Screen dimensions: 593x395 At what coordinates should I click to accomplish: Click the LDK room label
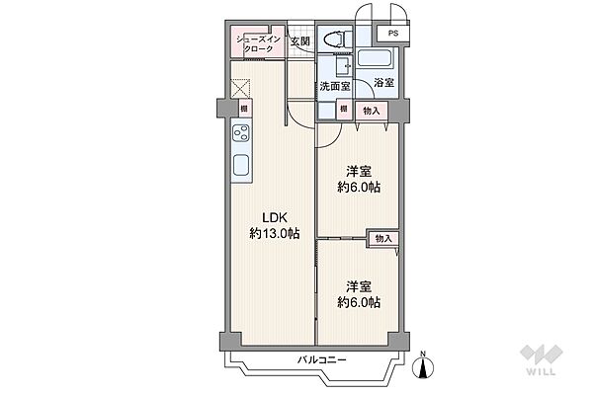point(275,217)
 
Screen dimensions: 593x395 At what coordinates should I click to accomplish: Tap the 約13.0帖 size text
point(275,234)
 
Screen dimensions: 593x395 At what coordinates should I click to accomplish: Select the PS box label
point(393,34)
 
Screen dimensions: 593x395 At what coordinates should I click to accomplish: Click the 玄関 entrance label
point(300,40)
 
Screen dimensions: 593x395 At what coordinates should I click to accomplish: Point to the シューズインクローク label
point(258,43)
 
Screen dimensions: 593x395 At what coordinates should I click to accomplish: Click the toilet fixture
point(335,39)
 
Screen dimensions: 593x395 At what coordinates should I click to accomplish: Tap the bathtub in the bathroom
point(376,58)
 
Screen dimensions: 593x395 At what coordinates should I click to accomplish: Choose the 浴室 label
point(383,83)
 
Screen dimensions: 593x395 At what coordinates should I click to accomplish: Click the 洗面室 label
point(335,86)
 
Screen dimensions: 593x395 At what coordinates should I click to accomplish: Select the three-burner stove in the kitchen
point(241,133)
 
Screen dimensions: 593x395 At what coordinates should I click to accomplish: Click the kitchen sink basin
point(241,165)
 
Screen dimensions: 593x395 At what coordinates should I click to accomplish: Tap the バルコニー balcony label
point(321,359)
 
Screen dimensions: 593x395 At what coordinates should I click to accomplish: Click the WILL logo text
point(541,371)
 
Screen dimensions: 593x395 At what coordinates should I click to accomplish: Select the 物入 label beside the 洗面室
point(372,111)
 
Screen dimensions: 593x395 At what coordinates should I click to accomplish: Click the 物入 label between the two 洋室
point(383,239)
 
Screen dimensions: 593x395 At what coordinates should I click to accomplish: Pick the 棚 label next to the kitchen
point(244,109)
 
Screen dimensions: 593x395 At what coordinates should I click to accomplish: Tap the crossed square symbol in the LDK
point(240,89)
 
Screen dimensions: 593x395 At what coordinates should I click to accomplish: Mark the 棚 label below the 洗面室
point(343,109)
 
